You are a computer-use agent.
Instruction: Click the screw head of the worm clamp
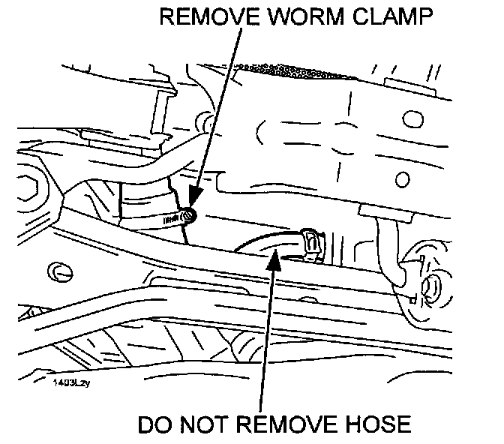coord(189,217)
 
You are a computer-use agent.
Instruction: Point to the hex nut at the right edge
coord(430,286)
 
